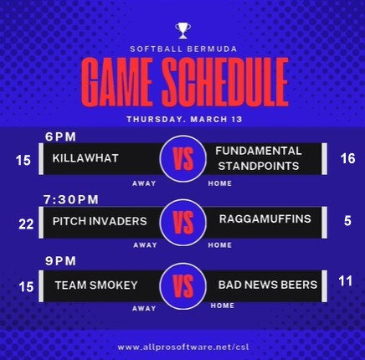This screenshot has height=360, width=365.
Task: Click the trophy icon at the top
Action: pos(183,31)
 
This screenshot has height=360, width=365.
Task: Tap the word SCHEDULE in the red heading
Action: pos(225,81)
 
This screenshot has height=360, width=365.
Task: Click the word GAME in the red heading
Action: pos(117,81)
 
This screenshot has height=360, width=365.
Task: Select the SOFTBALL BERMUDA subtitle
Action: pos(183,49)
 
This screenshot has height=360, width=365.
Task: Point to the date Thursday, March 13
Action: pos(184,119)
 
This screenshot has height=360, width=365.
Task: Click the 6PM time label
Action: pos(60,136)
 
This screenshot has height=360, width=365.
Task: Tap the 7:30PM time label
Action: pos(71,199)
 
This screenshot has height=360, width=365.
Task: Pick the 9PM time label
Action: pos(60,261)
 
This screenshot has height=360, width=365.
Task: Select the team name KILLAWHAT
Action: pos(85,158)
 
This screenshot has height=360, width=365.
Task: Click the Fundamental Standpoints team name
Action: pos(259,158)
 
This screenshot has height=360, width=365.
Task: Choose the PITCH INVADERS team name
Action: pos(100,221)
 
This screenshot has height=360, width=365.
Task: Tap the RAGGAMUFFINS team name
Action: pos(265,219)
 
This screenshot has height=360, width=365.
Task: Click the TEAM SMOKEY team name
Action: pos(96,285)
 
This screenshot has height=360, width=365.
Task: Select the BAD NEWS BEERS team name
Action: pos(268,285)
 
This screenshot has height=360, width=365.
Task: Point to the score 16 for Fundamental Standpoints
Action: pos(347,158)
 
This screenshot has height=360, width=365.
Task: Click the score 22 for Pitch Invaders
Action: pos(26,224)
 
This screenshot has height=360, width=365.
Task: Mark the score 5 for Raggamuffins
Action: pos(347,221)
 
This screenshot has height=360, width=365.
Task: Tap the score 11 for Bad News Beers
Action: pos(345,281)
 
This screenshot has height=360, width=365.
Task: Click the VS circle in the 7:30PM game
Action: pos(183,223)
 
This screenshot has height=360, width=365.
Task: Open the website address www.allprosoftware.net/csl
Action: pos(183,347)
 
